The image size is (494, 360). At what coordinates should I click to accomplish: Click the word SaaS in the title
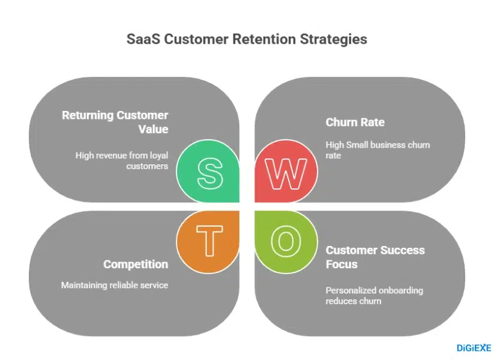click(143, 40)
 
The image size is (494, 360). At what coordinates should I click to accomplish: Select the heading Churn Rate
click(355, 122)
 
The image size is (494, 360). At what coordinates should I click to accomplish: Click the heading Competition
click(136, 265)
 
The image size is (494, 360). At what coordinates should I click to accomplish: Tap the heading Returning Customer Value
click(115, 122)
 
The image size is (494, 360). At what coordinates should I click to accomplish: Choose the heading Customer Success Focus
click(375, 257)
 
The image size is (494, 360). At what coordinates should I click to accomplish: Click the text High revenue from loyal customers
click(121, 160)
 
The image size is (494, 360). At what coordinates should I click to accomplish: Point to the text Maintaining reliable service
click(114, 286)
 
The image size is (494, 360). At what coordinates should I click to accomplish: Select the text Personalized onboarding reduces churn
click(374, 295)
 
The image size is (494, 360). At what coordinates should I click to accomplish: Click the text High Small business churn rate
click(378, 150)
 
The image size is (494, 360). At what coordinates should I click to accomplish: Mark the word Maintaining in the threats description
click(84, 286)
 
